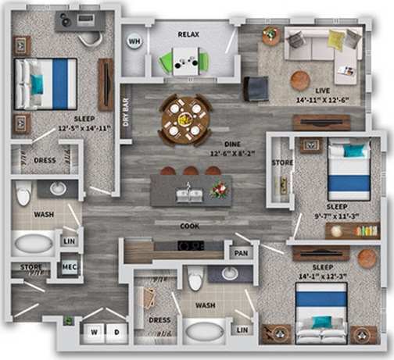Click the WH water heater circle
coord(135,42)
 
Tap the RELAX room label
coord(188,34)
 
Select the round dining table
coord(186,119)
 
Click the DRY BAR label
coord(127,112)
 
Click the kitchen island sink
coord(188,194)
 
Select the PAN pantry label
coord(242,254)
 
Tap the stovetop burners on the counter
coord(191,245)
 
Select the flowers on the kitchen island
coord(219,190)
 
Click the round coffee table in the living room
coord(299,80)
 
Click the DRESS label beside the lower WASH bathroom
coord(159,320)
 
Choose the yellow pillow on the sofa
coord(335,39)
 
